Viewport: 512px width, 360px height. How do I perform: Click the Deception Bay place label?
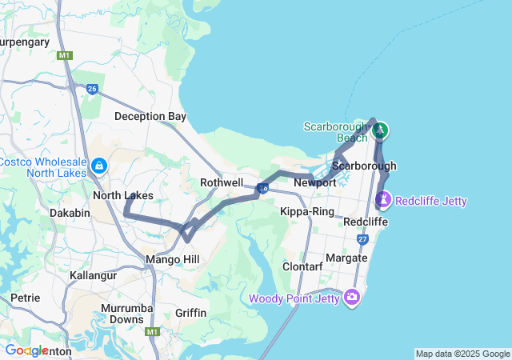[x=150, y=116]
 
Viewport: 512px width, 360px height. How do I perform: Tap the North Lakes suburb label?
[x=122, y=195]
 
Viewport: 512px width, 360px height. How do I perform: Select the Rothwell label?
[x=222, y=182]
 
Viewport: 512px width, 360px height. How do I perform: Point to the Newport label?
[x=314, y=182]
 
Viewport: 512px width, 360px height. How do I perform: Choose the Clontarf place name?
[x=302, y=266]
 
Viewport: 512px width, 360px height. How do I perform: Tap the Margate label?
[x=346, y=258]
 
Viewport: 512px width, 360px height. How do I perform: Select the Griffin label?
[x=190, y=312]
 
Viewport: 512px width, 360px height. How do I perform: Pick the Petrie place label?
[x=25, y=298]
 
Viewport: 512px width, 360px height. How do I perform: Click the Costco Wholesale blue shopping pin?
[x=98, y=166]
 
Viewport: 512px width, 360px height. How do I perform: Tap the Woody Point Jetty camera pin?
[x=352, y=298]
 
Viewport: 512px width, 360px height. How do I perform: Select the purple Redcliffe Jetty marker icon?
[x=384, y=198]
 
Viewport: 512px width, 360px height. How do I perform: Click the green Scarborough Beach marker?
[x=381, y=130]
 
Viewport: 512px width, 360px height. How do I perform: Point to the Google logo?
[x=26, y=350]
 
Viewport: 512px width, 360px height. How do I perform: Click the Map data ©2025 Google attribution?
[x=462, y=354]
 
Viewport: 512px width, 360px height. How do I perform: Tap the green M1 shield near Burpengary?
[x=65, y=55]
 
